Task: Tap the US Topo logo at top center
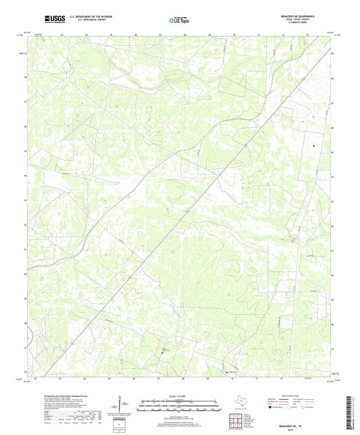(180, 21)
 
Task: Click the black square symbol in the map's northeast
(313, 146)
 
